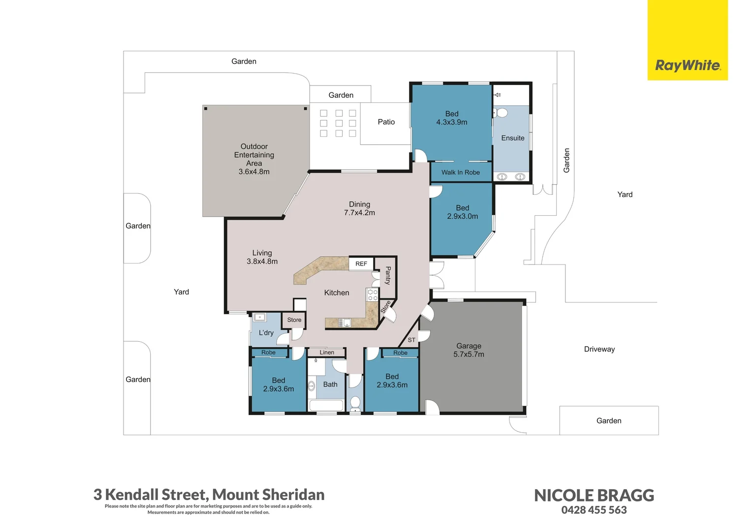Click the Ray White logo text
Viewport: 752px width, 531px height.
[688, 65]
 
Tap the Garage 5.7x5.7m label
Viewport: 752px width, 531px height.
[469, 350]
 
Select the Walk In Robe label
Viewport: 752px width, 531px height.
[461, 173]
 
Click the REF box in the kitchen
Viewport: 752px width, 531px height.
[361, 264]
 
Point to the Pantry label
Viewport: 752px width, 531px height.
[388, 275]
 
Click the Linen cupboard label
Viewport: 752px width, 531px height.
[327, 353]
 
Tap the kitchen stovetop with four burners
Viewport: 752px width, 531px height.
[372, 295]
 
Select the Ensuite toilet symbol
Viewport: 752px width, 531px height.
[501, 113]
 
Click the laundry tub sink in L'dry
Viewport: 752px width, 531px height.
[259, 317]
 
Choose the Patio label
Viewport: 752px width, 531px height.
[386, 122]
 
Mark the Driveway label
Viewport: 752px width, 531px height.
[599, 349]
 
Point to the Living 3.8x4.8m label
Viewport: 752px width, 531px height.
[262, 257]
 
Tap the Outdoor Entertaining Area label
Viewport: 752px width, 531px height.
[254, 159]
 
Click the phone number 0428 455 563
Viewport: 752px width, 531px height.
[594, 510]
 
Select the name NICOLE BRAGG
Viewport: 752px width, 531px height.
[594, 496]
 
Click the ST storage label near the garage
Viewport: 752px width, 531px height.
[411, 340]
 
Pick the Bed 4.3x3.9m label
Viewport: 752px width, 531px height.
[452, 118]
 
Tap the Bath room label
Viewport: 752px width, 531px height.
[330, 385]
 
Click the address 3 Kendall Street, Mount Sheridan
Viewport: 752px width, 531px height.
[209, 495]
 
